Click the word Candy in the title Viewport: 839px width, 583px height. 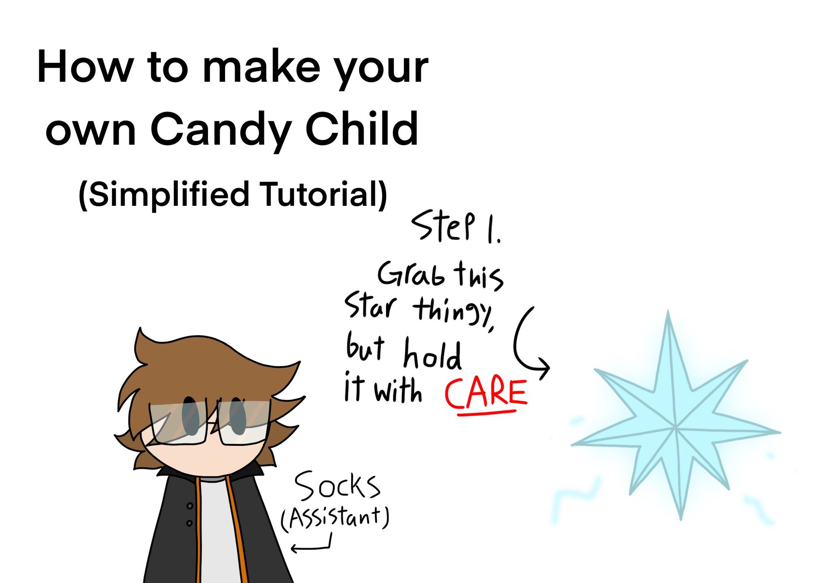click(221, 129)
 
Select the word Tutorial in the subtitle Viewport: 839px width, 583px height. click(323, 194)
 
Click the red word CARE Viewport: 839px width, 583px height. click(486, 394)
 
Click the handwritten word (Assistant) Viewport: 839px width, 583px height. click(334, 518)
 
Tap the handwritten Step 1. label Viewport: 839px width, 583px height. click(455, 227)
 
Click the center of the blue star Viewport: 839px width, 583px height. click(676, 427)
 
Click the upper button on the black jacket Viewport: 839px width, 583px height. click(190, 506)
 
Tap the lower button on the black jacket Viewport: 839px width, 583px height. click(189, 523)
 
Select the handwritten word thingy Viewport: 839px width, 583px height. click(454, 310)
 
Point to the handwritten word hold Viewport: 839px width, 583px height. click(432, 354)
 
